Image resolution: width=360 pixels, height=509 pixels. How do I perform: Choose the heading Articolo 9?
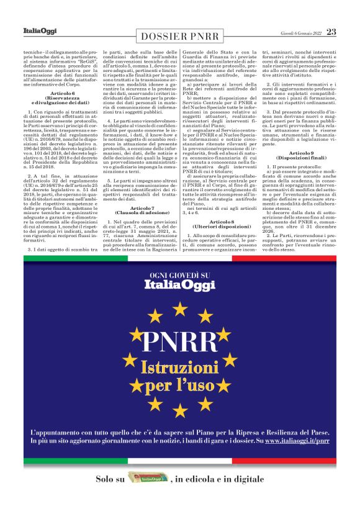[x=301, y=153]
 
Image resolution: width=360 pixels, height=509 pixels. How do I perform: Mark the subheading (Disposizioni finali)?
[x=301, y=158]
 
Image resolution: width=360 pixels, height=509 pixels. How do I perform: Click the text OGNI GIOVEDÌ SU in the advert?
[x=179, y=276]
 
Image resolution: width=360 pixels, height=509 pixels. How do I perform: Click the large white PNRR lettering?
[x=180, y=341]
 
